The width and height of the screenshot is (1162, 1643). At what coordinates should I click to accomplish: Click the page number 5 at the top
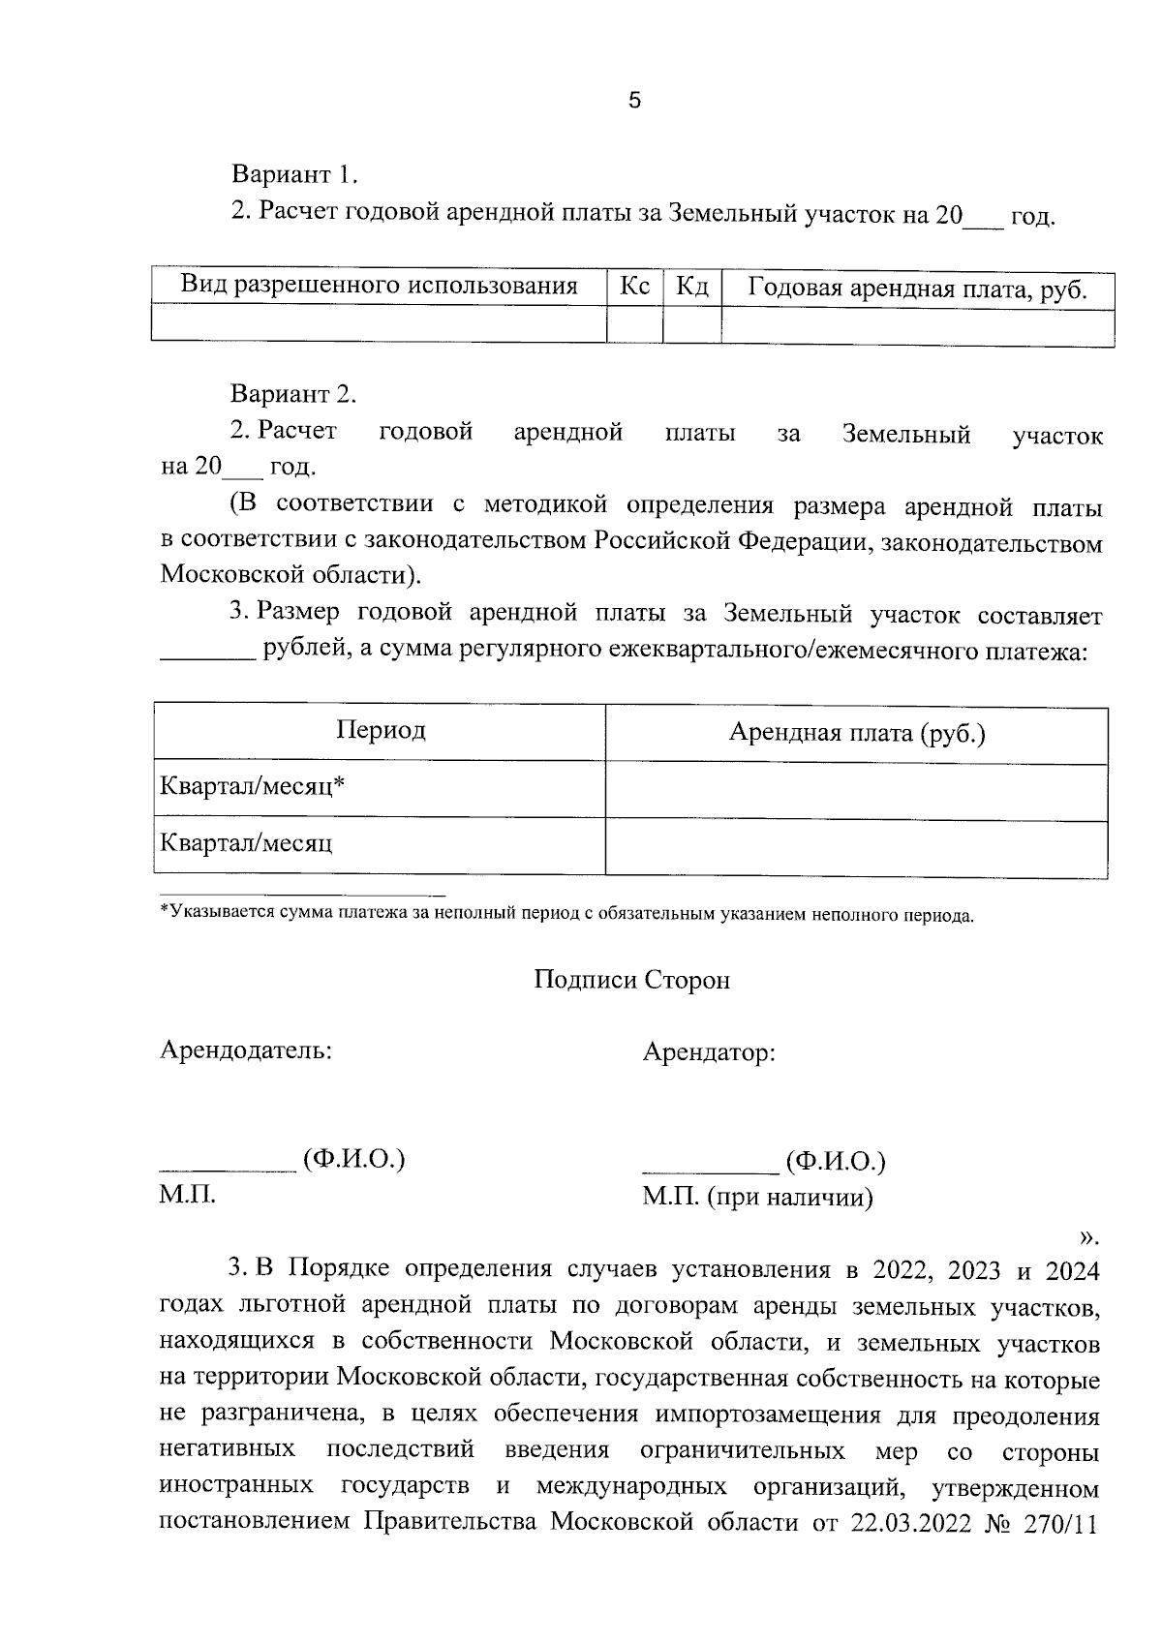coord(635,101)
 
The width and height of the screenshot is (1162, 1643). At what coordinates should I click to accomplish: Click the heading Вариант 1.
coord(294,175)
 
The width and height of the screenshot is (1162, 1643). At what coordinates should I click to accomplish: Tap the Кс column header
coord(635,287)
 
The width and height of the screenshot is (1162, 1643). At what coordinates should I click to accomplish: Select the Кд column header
coord(692,287)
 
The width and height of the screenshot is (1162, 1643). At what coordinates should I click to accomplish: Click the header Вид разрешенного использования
coord(380,286)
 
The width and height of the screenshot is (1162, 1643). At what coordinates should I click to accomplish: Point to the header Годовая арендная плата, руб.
coord(918,289)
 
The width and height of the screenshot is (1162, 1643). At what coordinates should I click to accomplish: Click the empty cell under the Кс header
coord(635,323)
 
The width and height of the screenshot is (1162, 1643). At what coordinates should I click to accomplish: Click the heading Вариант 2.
coord(293,394)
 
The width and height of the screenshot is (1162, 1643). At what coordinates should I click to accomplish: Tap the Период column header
coord(381,729)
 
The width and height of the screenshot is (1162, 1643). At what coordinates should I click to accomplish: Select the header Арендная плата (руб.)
coord(857,733)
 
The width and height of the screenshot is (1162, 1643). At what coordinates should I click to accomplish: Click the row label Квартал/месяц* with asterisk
coord(253,786)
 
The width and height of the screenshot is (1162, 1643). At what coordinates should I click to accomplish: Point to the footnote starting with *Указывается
coord(566,914)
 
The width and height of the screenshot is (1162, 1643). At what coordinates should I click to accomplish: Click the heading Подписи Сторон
coord(632,980)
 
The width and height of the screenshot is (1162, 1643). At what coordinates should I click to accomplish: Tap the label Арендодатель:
coord(246,1050)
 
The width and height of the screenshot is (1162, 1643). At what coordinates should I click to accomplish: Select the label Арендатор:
coord(709,1051)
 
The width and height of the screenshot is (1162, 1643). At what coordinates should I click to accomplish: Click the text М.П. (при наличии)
coord(758,1199)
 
